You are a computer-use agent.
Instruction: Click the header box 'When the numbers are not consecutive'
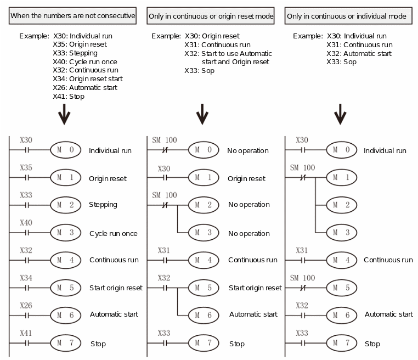pos(72,16)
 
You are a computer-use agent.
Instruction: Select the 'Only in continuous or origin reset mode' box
pos(211,16)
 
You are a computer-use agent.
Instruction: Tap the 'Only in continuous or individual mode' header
pos(348,16)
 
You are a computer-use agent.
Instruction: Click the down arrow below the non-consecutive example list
pos(64,114)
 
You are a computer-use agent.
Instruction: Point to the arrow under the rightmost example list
pos(340,114)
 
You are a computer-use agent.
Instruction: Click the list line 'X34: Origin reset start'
pos(88,79)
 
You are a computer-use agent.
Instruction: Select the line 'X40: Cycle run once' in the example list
pos(85,62)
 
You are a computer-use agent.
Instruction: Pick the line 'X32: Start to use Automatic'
pos(228,54)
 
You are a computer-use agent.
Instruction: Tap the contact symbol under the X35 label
pos(27,177)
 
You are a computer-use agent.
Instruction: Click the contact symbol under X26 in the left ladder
pos(27,316)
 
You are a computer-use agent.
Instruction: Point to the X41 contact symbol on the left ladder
pos(27,343)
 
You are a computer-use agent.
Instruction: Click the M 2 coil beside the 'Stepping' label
pos(66,205)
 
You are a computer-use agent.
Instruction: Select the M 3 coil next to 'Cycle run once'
pos(66,233)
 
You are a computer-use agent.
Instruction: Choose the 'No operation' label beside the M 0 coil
pos(247,151)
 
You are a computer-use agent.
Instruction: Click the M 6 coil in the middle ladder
pos(204,315)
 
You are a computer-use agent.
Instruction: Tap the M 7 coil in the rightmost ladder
pos(342,343)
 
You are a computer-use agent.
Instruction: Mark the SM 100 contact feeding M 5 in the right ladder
pos(303,288)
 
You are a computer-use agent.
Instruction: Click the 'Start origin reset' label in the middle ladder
pos(255,288)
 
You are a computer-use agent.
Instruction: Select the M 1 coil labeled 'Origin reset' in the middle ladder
pos(204,177)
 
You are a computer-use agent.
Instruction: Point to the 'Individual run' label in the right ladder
pos(385,151)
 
